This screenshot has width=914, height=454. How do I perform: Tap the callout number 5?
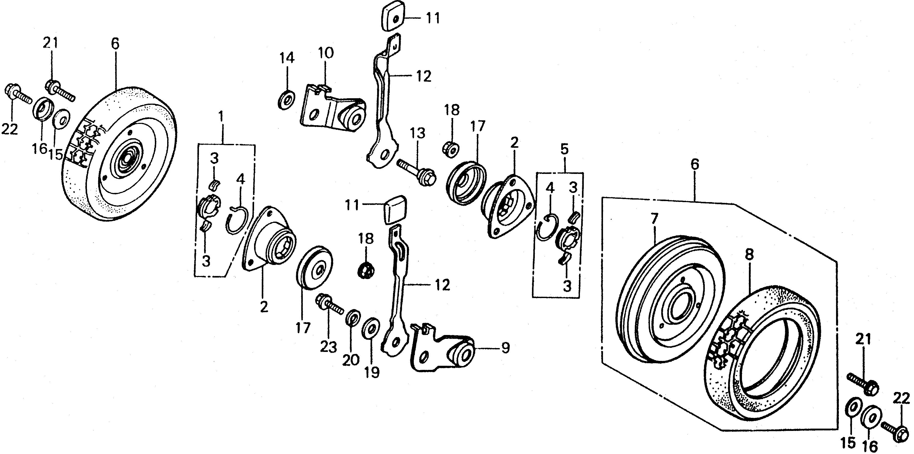coord(565,149)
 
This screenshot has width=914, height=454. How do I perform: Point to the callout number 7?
coord(654,218)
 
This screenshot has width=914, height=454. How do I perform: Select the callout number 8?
coord(749,255)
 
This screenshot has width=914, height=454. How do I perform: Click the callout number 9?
coord(505,348)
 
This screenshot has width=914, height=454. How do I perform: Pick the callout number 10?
coord(326,54)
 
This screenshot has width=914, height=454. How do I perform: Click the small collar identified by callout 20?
coord(351,317)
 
